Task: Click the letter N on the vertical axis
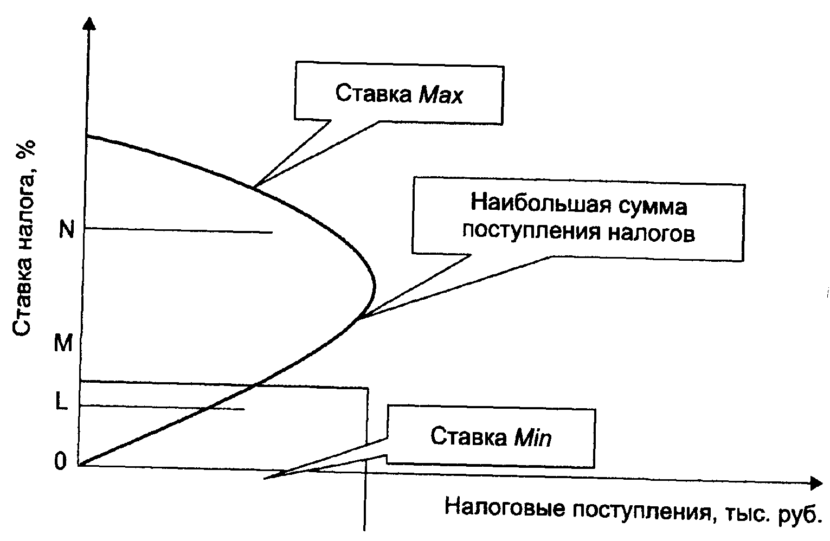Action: (66, 230)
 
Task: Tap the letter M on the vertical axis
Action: (63, 343)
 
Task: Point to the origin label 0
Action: (60, 461)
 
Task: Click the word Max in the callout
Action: (441, 95)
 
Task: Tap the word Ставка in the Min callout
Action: (468, 436)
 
